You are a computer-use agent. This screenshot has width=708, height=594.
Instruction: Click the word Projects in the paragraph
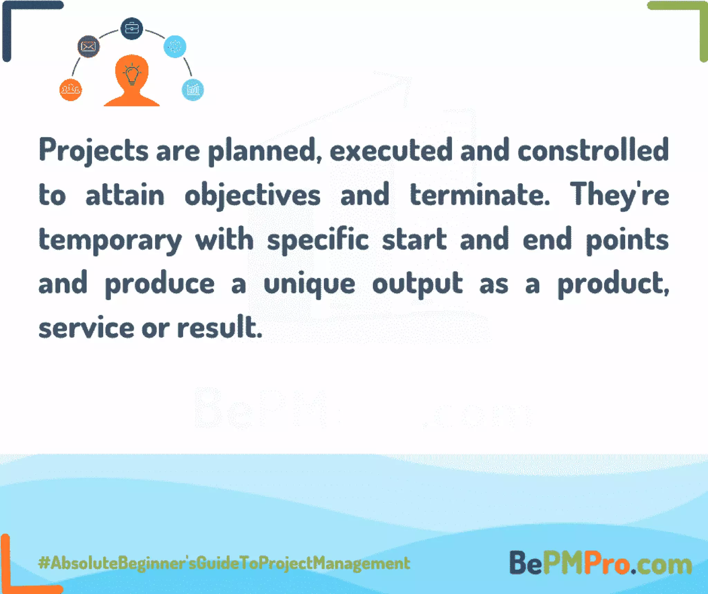point(93,151)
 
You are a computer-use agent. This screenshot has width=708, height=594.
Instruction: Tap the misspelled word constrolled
point(593,150)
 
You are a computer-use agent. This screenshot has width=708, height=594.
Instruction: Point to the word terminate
point(479,195)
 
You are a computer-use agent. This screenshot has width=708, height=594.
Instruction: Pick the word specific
point(318,240)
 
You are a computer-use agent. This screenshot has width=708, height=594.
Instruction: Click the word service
point(86,328)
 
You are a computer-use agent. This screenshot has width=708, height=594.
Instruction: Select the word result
point(220,327)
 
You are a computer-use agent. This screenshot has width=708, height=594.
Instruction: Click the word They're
point(619,195)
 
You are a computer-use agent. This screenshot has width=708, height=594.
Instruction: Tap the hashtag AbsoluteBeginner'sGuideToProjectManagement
point(224,563)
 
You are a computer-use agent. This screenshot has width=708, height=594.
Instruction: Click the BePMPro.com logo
point(600,563)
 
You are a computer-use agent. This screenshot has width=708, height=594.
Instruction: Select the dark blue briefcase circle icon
point(132,28)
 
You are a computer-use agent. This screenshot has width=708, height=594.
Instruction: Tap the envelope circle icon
point(88,46)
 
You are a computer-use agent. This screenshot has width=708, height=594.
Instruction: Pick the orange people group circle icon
point(71,90)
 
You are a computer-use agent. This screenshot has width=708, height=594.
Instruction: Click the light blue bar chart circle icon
point(193,90)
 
